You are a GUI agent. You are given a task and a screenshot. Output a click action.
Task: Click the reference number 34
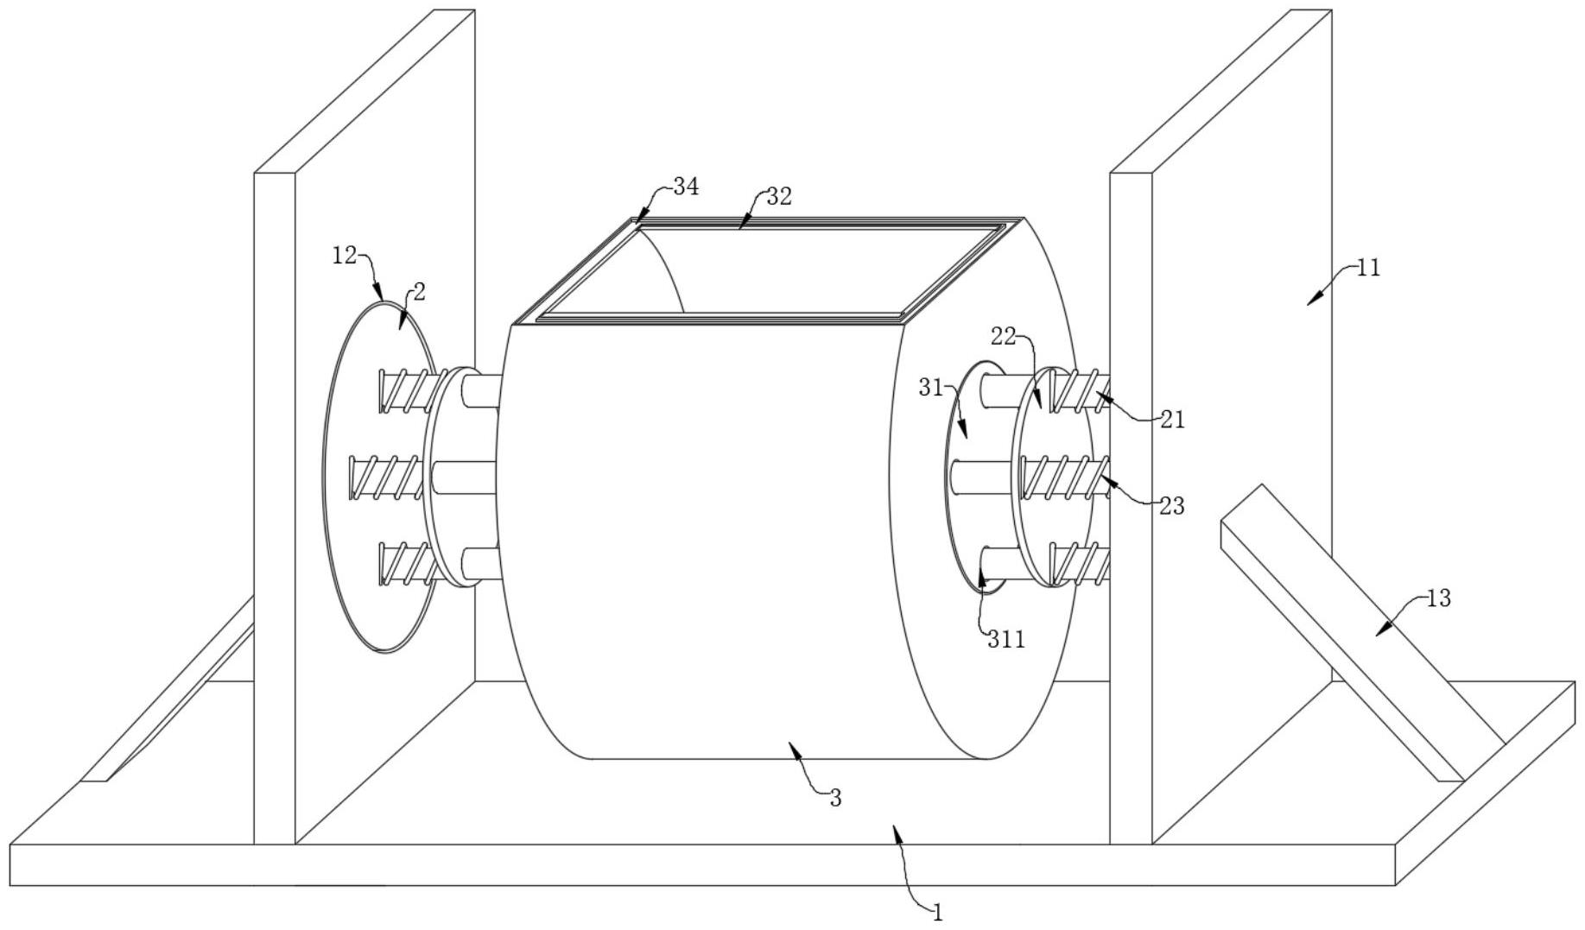tap(686, 187)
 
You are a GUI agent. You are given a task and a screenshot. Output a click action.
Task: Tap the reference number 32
tap(778, 197)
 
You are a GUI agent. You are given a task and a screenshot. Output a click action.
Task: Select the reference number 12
tap(345, 255)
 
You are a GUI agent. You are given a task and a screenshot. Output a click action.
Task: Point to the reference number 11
tap(1368, 268)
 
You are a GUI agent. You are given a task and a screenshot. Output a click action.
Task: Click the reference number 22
tap(1003, 337)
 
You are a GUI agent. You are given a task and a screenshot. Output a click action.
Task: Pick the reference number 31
tap(930, 389)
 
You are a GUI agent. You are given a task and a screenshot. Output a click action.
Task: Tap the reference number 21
tap(1172, 420)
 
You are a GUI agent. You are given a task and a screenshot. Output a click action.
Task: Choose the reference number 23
tap(1171, 506)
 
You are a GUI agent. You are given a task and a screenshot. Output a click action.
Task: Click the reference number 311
tap(1006, 640)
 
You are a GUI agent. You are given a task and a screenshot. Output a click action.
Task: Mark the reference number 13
tap(1438, 598)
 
